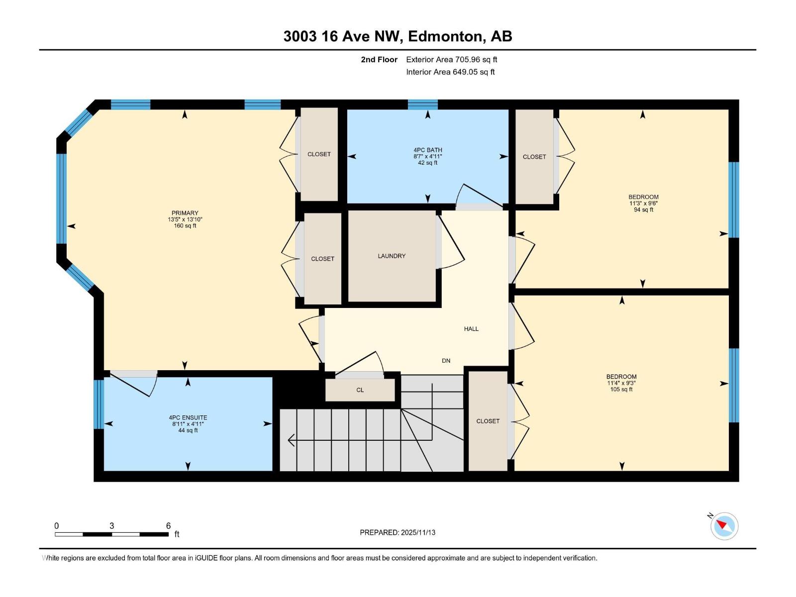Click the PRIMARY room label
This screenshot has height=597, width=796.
(x=185, y=213)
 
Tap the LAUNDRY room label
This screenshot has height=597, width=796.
(x=392, y=256)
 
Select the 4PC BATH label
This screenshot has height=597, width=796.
(x=427, y=150)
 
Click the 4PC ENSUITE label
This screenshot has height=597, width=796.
(x=188, y=418)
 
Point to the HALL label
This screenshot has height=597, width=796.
(x=471, y=329)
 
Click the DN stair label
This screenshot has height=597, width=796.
(x=446, y=361)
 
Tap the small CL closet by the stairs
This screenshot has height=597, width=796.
(x=360, y=390)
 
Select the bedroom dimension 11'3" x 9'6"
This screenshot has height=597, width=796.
(x=643, y=203)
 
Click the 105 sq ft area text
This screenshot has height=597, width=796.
(x=621, y=390)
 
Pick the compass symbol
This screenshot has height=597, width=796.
(x=724, y=526)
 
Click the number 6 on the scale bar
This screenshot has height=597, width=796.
(x=168, y=526)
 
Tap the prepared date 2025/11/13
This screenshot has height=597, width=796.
(x=398, y=532)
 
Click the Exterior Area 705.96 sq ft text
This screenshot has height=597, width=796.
(x=451, y=60)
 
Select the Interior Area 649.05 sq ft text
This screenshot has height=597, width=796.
(x=450, y=72)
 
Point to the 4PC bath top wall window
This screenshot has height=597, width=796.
(x=423, y=104)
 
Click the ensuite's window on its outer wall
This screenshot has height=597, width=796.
(x=99, y=404)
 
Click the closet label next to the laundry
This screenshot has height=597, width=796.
(x=322, y=259)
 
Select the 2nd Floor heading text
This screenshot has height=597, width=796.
(x=379, y=60)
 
